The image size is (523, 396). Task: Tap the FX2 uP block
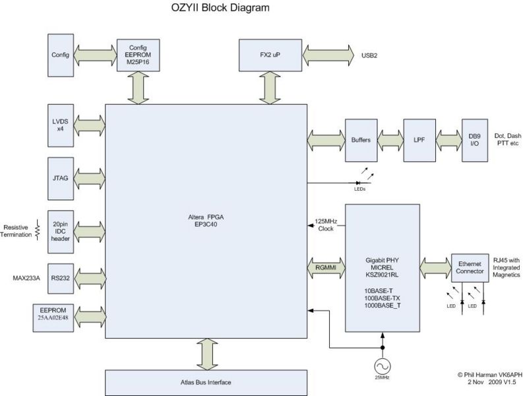(x=267, y=53)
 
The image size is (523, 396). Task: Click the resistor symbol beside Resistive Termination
(x=37, y=229)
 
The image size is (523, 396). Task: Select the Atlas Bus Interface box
(x=206, y=382)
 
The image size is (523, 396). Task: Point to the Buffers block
(x=361, y=141)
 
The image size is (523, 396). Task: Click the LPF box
(x=418, y=141)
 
